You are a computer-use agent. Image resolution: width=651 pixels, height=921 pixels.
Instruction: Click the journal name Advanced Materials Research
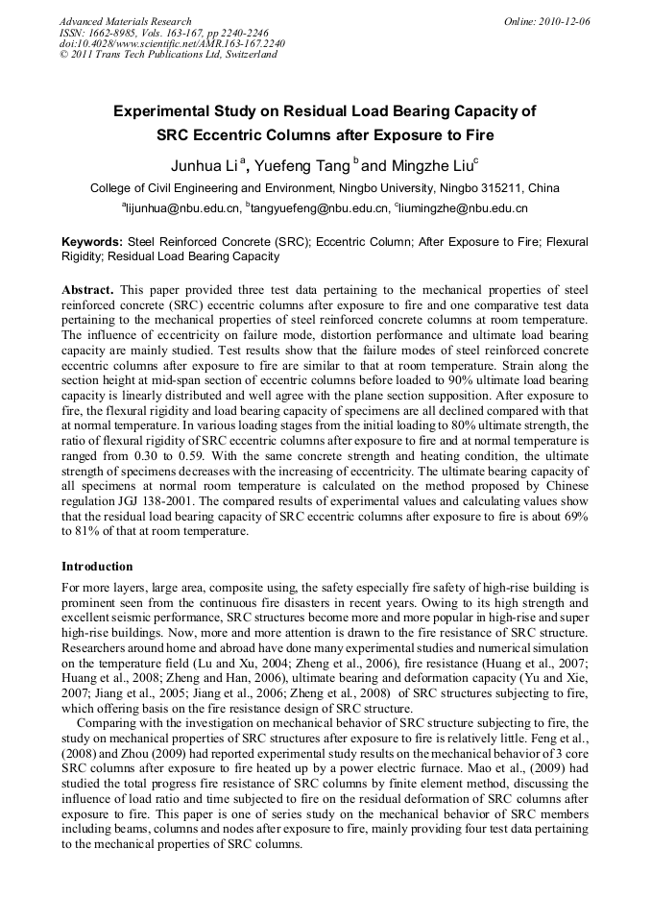click(125, 21)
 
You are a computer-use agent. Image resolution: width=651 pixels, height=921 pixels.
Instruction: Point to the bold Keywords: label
click(92, 243)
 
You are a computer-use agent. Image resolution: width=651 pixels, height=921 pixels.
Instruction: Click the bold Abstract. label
click(88, 289)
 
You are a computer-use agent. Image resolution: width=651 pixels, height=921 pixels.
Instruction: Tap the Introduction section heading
click(97, 567)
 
